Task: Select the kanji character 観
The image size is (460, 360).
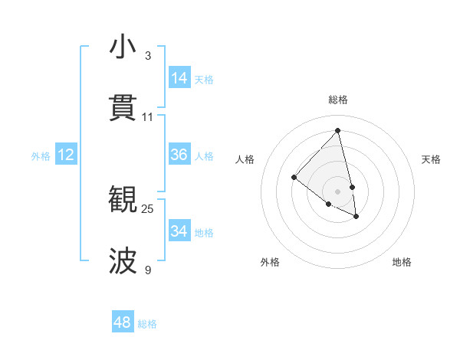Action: (123, 200)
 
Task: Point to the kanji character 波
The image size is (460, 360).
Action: (123, 261)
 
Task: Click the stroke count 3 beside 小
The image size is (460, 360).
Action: (148, 56)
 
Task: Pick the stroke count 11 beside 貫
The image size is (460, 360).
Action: (148, 117)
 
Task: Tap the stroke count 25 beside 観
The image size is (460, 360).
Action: (148, 209)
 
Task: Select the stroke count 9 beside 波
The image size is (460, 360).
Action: (148, 270)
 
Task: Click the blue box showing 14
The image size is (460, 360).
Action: (179, 78)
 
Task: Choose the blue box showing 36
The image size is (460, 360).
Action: (179, 155)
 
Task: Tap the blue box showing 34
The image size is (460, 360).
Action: (179, 231)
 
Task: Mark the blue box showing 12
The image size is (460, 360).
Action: (66, 155)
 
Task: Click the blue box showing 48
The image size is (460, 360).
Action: (123, 322)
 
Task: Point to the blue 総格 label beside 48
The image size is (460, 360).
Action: (147, 324)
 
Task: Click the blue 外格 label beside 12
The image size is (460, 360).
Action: (41, 156)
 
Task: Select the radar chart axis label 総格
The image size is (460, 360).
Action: (338, 100)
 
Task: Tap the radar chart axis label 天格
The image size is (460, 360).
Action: (431, 159)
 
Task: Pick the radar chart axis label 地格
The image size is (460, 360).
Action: (402, 262)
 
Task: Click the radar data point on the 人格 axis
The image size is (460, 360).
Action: (294, 178)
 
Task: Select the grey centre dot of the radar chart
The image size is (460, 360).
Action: (337, 191)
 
